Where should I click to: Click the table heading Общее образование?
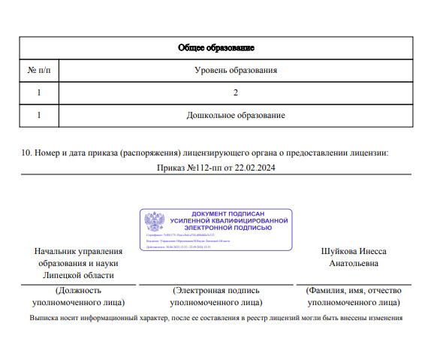pyautogui.click(x=215, y=47)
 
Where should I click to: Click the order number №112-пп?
pyautogui.click(x=200, y=168)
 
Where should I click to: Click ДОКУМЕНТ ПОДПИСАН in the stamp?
pyautogui.click(x=228, y=214)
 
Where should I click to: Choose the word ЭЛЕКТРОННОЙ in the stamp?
pyautogui.click(x=228, y=227)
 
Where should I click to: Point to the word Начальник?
pyautogui.click(x=56, y=251)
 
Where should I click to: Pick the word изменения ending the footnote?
pyautogui.click(x=386, y=317)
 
